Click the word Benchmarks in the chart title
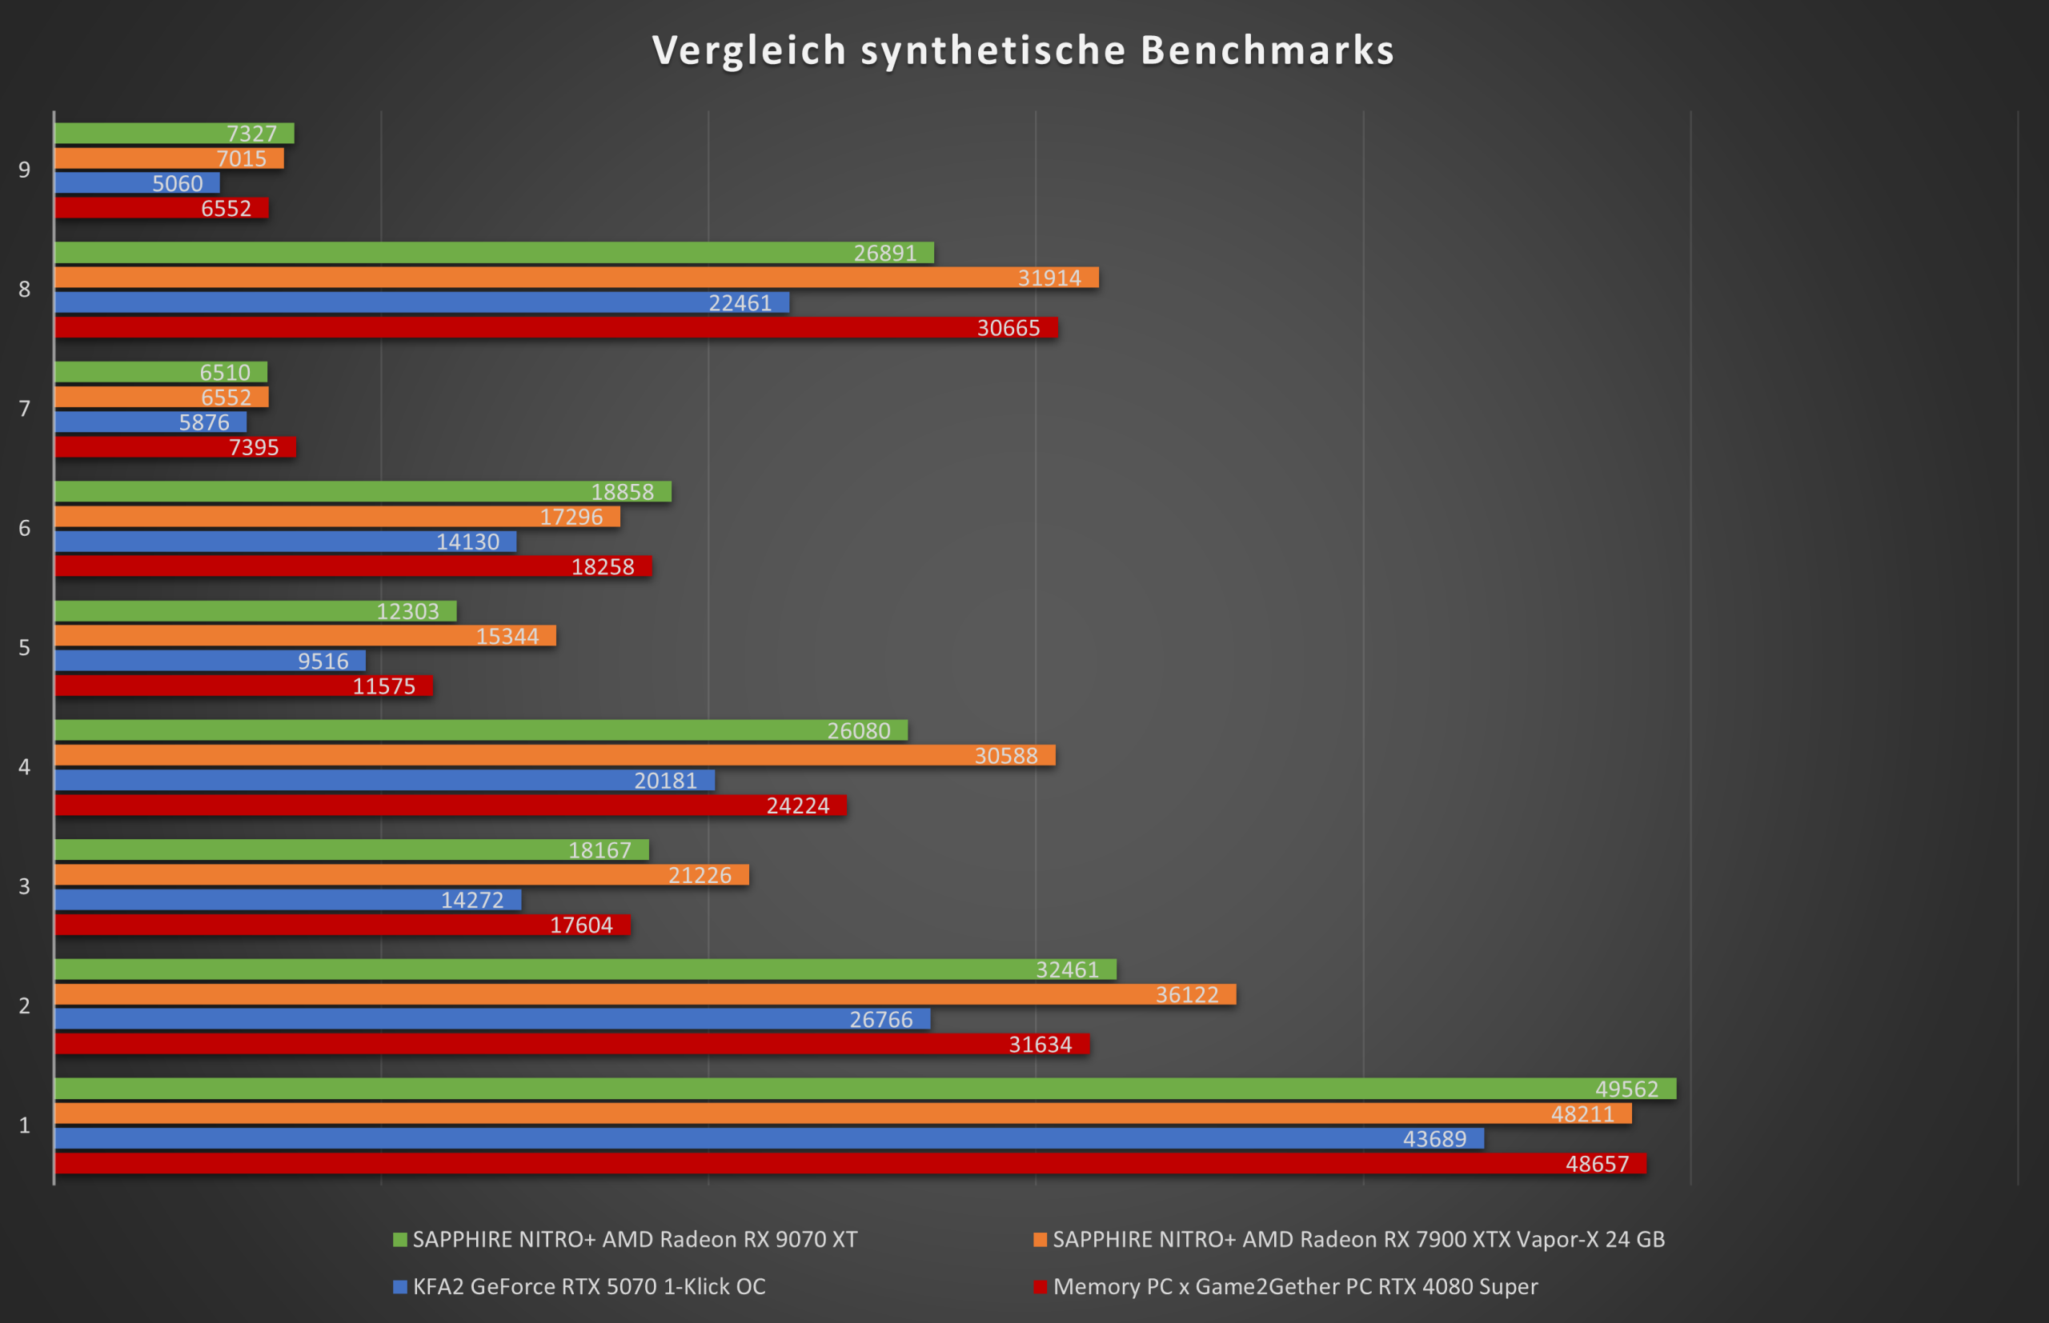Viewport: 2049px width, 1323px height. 1267,50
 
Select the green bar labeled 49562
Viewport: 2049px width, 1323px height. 860,1089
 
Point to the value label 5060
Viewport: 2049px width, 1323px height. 177,183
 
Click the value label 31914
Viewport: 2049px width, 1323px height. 1049,278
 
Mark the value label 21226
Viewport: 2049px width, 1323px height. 700,874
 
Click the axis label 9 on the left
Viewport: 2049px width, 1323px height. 24,170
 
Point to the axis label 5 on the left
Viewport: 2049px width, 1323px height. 24,648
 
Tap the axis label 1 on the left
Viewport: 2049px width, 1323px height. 24,1125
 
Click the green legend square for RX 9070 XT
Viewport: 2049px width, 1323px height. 399,1240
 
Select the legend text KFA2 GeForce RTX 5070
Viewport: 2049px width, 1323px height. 589,1286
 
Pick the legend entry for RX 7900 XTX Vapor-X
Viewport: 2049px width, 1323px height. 1358,1239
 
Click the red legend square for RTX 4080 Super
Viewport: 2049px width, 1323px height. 1040,1287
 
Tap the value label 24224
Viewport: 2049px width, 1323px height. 798,805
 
